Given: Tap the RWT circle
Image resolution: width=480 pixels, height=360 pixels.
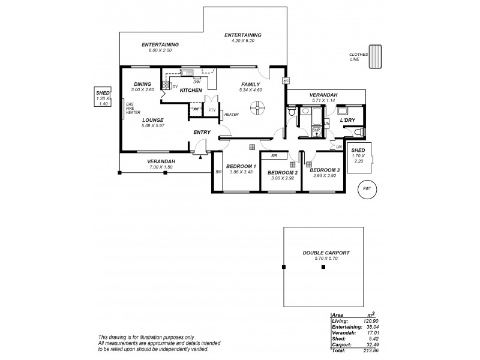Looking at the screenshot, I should (367, 188).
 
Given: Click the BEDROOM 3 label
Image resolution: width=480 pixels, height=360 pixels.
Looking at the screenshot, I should (325, 170).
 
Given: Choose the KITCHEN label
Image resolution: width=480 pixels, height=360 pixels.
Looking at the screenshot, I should (191, 90).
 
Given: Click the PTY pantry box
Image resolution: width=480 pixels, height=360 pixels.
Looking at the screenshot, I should (212, 110).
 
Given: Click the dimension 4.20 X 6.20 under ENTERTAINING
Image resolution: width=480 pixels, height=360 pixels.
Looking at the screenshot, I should (244, 41).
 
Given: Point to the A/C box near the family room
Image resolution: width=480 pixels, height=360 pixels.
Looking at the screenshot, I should (286, 80).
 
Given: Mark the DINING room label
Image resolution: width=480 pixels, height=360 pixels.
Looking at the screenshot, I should (142, 84).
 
